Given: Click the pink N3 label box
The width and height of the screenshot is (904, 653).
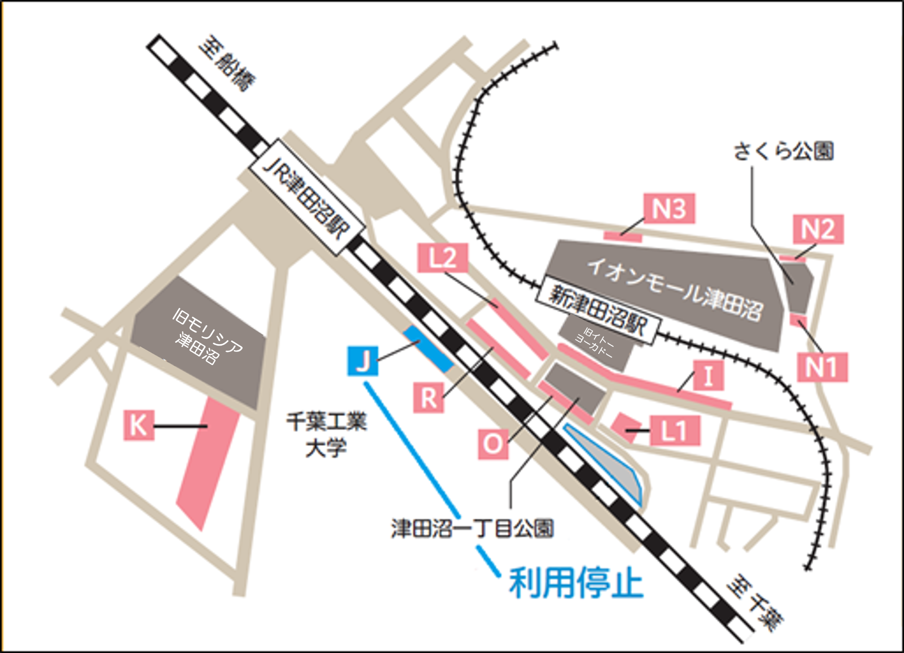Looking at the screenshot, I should (669, 208).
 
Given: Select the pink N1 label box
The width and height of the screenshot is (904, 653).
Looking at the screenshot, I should (822, 367).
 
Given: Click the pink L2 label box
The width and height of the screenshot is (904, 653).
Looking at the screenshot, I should (443, 258).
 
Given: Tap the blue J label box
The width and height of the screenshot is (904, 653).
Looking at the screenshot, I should (363, 361).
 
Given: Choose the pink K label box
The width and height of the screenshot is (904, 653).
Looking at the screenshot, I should (139, 425).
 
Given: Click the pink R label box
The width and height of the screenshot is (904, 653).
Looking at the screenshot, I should (428, 398).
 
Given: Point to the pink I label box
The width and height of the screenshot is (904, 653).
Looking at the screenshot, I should (708, 375).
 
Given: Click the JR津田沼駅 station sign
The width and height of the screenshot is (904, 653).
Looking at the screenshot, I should (306, 198).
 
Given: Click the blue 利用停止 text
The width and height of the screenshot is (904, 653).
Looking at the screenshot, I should (576, 583).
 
